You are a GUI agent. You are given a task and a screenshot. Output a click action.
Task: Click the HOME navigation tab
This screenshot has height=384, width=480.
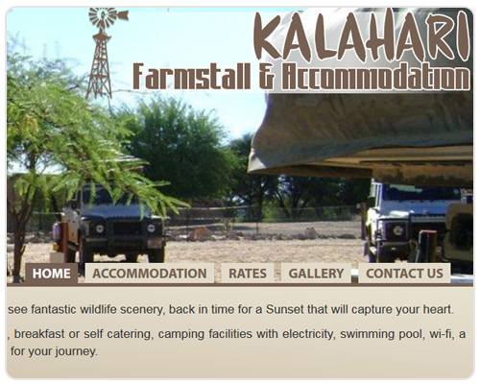pyautogui.click(x=52, y=274)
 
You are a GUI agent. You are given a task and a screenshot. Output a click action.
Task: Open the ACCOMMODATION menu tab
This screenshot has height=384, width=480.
pyautogui.click(x=150, y=274)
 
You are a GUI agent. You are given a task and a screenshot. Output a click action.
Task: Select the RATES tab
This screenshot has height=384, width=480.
pyautogui.click(x=248, y=274)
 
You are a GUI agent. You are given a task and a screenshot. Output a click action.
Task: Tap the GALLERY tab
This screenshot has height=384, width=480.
pyautogui.click(x=316, y=274)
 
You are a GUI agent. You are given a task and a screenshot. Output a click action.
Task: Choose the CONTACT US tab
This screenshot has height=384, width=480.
pyautogui.click(x=404, y=274)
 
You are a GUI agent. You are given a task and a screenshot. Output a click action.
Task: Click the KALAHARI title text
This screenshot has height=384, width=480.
pyautogui.click(x=362, y=36)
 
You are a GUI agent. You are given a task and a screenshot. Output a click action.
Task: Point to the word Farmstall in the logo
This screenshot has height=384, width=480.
pyautogui.click(x=191, y=76)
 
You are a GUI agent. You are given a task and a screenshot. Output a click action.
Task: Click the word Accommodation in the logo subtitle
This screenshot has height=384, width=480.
pyautogui.click(x=375, y=76)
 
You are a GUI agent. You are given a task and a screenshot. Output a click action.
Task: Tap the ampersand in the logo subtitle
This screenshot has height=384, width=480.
pyautogui.click(x=266, y=76)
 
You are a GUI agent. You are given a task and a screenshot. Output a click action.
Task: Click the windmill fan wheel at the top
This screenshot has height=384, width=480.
pyautogui.click(x=103, y=16)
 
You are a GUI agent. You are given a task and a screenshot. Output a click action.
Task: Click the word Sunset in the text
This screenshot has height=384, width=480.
pyautogui.click(x=285, y=309)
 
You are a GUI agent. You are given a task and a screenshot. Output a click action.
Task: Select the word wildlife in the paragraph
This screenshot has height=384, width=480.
pyautogui.click(x=98, y=309)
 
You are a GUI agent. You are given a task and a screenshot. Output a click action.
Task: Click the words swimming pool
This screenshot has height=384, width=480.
pyautogui.click(x=381, y=335)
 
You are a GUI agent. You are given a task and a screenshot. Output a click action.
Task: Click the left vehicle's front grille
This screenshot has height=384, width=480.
pyautogui.click(x=126, y=228)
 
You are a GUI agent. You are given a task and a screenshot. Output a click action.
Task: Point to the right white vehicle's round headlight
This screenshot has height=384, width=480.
pyautogui.click(x=398, y=230)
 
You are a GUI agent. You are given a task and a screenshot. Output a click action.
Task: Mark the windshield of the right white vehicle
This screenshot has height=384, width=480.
pyautogui.click(x=421, y=193)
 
